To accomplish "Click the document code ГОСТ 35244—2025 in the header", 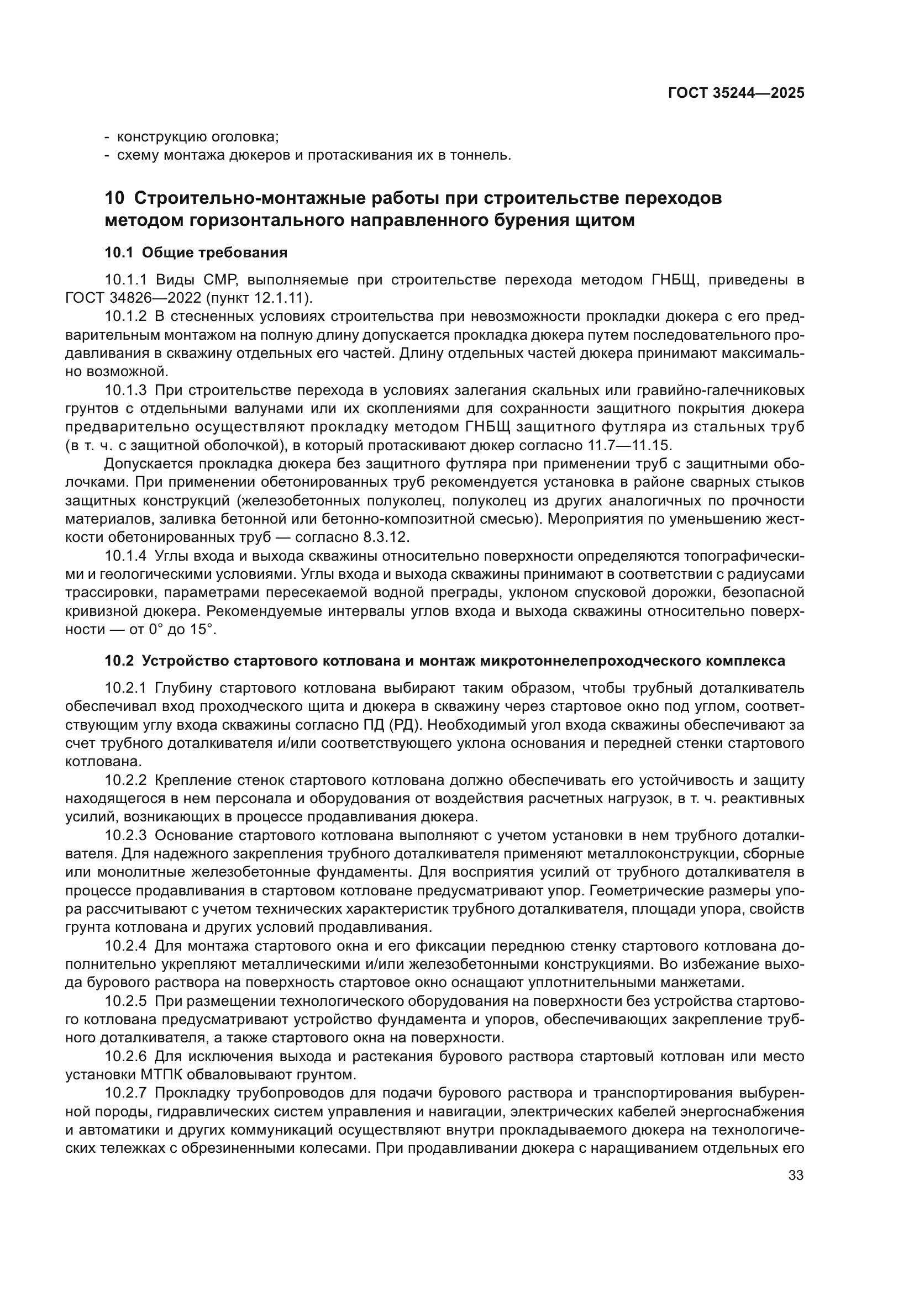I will [x=736, y=93].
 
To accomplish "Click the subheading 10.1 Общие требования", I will [x=196, y=252].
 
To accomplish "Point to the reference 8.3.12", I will [x=384, y=537].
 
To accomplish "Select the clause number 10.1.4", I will [x=125, y=556].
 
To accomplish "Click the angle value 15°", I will [x=202, y=629].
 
